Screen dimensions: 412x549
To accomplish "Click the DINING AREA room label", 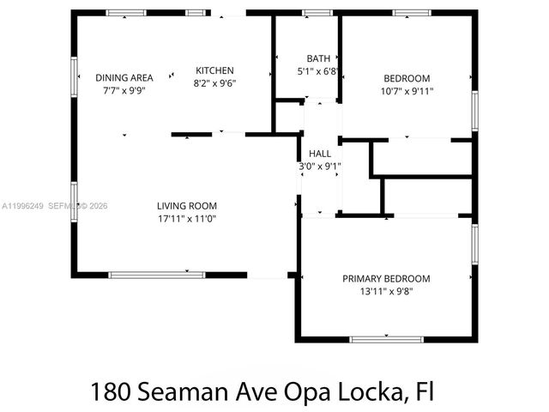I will (124, 77).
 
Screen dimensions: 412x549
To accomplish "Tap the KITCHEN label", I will (214, 70).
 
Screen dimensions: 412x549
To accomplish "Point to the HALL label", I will (319, 154).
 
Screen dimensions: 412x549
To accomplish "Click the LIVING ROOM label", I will (186, 206).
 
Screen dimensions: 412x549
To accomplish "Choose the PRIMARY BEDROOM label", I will (386, 279).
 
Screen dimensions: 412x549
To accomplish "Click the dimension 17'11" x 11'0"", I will (186, 219).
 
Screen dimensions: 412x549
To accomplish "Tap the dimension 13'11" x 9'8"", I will (386, 292).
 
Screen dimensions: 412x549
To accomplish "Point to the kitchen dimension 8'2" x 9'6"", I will (214, 83).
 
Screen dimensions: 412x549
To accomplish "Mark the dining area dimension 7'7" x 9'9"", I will (124, 90).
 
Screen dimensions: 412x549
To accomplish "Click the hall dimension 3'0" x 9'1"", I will (319, 167).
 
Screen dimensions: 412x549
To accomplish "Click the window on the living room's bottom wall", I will (156, 275).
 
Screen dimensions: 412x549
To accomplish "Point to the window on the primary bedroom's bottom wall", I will (386, 339).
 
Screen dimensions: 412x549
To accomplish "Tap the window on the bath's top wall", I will (317, 13).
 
